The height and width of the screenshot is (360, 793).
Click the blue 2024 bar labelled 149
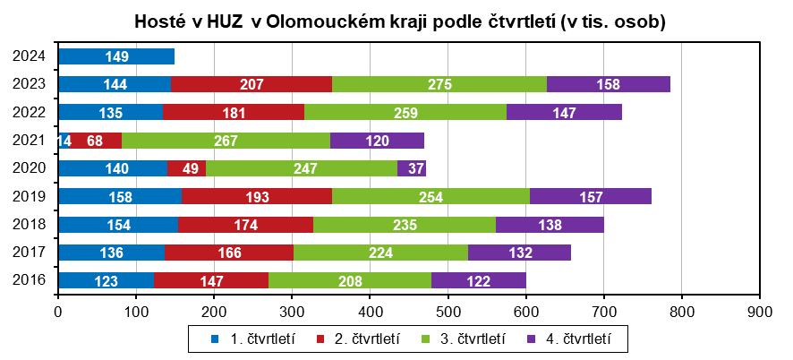(x=116, y=57)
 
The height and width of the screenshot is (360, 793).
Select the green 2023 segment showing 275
(x=439, y=84)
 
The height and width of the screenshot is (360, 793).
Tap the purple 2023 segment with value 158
(x=609, y=84)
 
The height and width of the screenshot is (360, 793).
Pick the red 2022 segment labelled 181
(x=234, y=112)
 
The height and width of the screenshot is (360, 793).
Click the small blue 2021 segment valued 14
(x=64, y=141)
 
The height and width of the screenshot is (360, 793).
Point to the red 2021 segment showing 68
(x=95, y=141)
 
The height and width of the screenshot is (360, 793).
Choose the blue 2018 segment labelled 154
(x=118, y=225)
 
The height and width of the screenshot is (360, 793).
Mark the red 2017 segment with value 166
(x=229, y=253)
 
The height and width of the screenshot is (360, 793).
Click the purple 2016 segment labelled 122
(x=479, y=281)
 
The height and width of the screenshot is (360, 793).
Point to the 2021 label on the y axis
(x=30, y=141)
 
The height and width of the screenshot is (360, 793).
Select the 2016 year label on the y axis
(x=30, y=281)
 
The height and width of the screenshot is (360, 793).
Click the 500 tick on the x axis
(x=448, y=313)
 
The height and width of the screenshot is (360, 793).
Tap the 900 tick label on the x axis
(x=759, y=313)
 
